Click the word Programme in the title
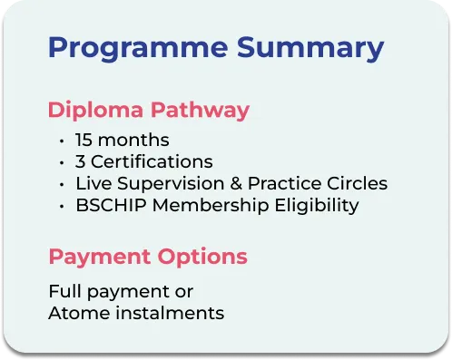[x=138, y=48]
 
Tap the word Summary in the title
[x=310, y=48]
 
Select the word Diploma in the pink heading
[x=95, y=111]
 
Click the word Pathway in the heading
[x=200, y=111]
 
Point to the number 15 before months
[x=84, y=140]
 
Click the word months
[x=133, y=140]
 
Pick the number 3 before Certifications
[x=80, y=161]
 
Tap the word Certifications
[x=152, y=161]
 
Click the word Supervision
[x=171, y=184]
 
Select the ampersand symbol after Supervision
[x=236, y=183]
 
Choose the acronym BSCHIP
[x=111, y=205]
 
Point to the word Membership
[x=211, y=206]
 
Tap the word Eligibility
[x=317, y=206]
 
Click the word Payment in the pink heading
[x=100, y=258]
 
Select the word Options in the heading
[x=202, y=258]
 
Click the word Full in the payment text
[x=64, y=291]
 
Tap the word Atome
[x=79, y=313]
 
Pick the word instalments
[x=170, y=313]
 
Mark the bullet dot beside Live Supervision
[x=62, y=185]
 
